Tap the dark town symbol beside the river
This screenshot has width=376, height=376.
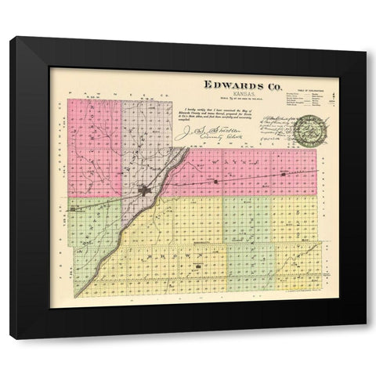tap(143, 189)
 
